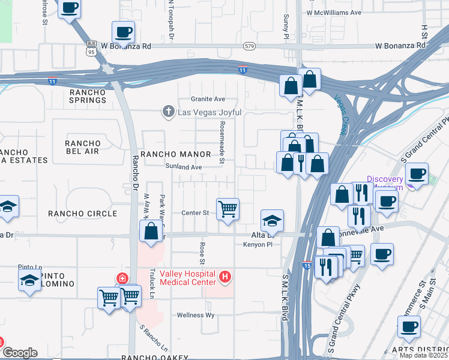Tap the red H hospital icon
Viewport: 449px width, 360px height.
click(225, 277)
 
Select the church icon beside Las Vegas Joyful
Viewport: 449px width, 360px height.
click(169, 112)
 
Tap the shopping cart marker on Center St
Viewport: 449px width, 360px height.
click(228, 209)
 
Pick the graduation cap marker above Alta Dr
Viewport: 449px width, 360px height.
click(272, 221)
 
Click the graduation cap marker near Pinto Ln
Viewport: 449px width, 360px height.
click(30, 280)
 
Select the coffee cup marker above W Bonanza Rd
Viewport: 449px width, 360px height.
click(124, 32)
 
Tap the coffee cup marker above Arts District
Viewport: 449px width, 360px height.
click(409, 328)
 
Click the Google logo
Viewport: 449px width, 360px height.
click(19, 353)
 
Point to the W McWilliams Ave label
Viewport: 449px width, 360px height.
click(334, 12)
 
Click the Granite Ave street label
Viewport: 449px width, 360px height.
click(208, 99)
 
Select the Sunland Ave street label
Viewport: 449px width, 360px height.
click(184, 167)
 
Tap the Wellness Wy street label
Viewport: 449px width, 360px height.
click(196, 315)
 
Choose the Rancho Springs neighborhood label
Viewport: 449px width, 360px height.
click(88, 96)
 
